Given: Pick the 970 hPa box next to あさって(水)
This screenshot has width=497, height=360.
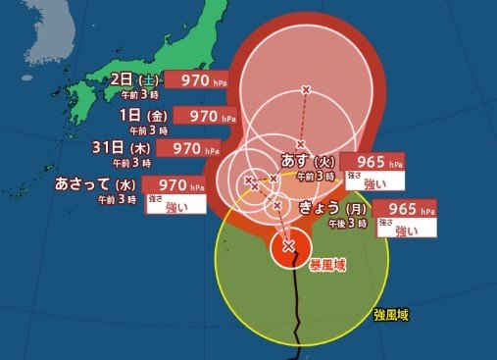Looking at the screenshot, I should pyautogui.click(x=176, y=183).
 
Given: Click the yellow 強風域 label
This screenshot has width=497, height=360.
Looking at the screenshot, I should pyautogui.click(x=390, y=315).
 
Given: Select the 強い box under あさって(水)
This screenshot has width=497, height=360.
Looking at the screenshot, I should pyautogui.click(x=176, y=205).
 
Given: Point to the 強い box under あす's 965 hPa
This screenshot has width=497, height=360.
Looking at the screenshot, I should pyautogui.click(x=376, y=182).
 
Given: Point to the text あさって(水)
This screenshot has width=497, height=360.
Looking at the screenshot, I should pyautogui.click(x=97, y=183).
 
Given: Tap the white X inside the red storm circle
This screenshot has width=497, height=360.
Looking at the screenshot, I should pyautogui.click(x=288, y=246).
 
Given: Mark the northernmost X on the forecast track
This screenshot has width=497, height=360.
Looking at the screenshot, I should pyautogui.click(x=306, y=90).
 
